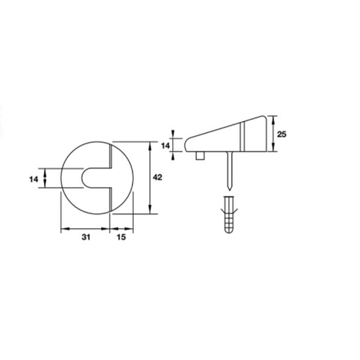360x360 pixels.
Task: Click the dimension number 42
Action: tap(157, 177)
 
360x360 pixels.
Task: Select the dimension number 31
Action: tap(86, 237)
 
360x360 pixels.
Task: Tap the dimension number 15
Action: tap(121, 237)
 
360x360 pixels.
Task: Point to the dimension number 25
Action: tap(282, 134)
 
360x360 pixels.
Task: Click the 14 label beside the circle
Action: tap(34, 179)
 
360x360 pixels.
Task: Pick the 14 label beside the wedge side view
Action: tap(165, 145)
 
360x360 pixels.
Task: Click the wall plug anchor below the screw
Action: tap(229, 215)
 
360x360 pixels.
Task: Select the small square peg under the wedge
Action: tap(200, 156)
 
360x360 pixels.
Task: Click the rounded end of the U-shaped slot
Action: tap(83, 178)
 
